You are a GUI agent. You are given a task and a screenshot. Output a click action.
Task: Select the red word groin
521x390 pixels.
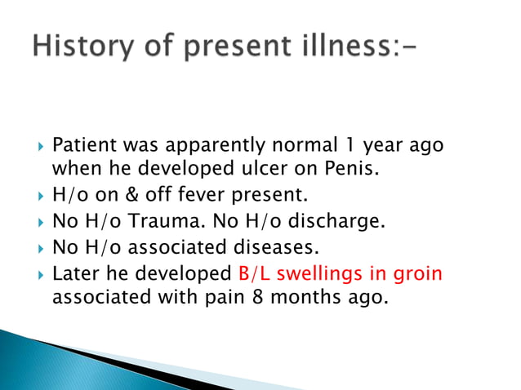click(x=417, y=273)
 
